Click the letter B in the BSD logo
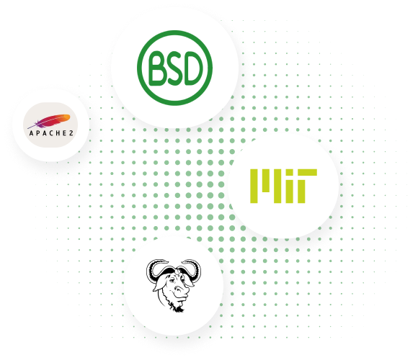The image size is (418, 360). (157, 68)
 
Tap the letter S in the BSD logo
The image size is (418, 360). (175, 68)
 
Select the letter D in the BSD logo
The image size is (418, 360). (193, 68)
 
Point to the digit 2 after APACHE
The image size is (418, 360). (71, 133)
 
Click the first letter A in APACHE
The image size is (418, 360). (31, 133)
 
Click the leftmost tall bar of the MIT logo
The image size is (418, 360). (254, 186)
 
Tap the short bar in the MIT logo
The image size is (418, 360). (266, 181)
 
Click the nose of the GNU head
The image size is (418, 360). (180, 289)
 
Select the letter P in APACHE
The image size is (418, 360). (37, 133)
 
